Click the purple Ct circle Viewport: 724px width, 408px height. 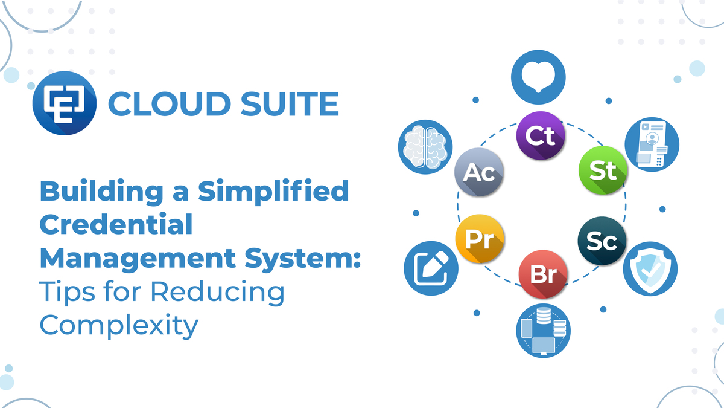(x=541, y=135)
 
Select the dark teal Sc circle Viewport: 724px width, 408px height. (x=602, y=241)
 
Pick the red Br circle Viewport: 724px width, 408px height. (x=543, y=273)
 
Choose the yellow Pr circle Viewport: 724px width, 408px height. (x=480, y=238)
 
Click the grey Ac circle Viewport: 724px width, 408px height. (x=479, y=173)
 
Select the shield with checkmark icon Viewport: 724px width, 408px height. (x=650, y=268)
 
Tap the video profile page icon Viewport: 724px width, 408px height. (x=652, y=144)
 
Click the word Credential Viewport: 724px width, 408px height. (x=116, y=225)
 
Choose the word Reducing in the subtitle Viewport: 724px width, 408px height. (x=217, y=292)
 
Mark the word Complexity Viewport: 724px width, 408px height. (x=119, y=325)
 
